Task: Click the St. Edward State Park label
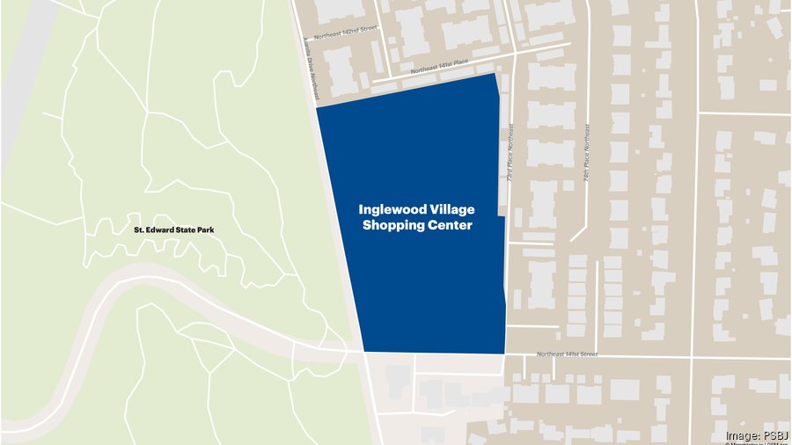click(x=173, y=230)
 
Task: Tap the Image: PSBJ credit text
click(x=757, y=435)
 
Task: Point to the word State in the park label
click(x=185, y=230)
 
